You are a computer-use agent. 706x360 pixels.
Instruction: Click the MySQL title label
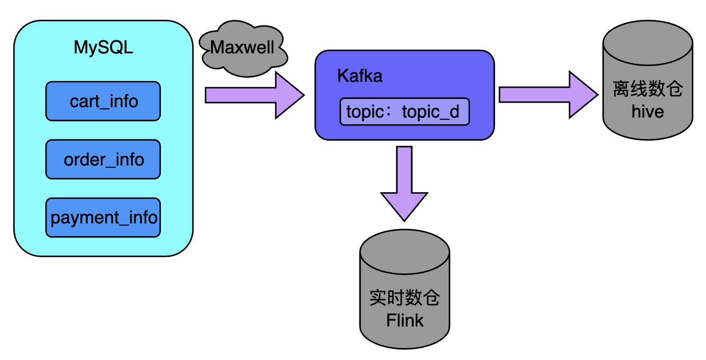pos(104,47)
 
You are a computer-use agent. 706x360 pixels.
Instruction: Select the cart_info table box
pos(103,101)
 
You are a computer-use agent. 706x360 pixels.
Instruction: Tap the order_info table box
pos(103,159)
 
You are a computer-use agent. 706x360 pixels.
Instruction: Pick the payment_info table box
pos(103,218)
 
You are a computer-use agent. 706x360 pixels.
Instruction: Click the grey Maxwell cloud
pos(243,47)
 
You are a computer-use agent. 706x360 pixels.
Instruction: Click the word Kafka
pos(360,76)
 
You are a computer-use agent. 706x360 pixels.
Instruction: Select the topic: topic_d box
pos(405,112)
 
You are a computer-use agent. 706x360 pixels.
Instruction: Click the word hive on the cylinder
pos(648,112)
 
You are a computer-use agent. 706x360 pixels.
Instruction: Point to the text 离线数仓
pos(648,89)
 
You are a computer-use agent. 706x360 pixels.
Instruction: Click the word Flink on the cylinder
pos(405,320)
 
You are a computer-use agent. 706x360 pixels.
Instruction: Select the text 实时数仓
pos(405,298)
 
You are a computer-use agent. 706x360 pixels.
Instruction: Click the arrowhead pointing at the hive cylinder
pos(583,95)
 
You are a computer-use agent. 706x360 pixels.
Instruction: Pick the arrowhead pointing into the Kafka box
pos(289,95)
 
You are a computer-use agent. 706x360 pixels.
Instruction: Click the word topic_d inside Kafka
pos(430,112)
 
